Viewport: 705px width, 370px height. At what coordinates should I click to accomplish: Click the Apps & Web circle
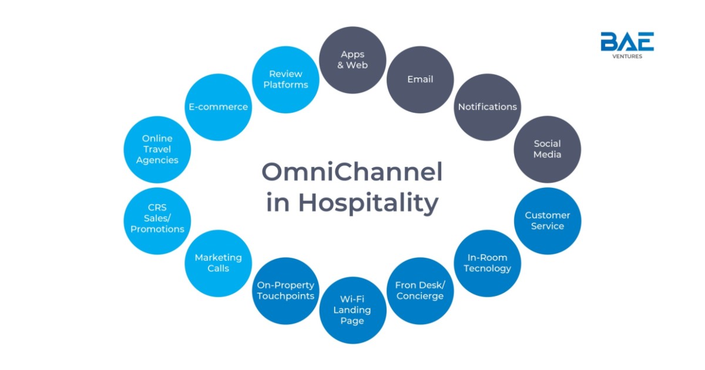tap(352, 60)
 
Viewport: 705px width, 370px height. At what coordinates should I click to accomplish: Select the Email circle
tap(420, 80)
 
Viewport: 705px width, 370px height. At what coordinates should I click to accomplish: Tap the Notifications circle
tap(487, 107)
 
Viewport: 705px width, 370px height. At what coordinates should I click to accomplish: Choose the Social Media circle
tap(548, 149)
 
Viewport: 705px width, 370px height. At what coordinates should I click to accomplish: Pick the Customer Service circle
tap(548, 221)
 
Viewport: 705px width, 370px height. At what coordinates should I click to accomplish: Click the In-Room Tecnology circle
tap(487, 263)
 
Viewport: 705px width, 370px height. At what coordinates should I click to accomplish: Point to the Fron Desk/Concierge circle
tap(420, 291)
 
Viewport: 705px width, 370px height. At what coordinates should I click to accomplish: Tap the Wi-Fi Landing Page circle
tap(353, 310)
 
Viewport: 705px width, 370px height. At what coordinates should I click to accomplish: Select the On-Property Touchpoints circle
tap(286, 291)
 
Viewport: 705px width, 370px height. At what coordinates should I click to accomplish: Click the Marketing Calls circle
tap(218, 263)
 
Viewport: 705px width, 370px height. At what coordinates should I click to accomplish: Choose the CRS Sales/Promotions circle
tap(157, 221)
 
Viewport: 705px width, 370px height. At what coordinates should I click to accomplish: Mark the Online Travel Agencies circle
tap(157, 149)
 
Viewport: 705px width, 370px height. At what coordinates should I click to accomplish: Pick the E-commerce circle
tap(218, 107)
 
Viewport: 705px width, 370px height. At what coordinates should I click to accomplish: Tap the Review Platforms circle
tap(286, 80)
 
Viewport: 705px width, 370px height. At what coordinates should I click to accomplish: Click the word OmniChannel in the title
tap(352, 171)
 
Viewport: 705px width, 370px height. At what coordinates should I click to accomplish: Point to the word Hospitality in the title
tap(368, 203)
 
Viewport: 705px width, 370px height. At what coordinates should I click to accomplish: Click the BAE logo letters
tap(627, 41)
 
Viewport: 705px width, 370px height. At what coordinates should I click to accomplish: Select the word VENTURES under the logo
tap(627, 56)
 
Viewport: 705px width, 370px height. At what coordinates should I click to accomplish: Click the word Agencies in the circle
tap(157, 160)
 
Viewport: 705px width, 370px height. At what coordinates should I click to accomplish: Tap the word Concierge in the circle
tap(420, 296)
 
